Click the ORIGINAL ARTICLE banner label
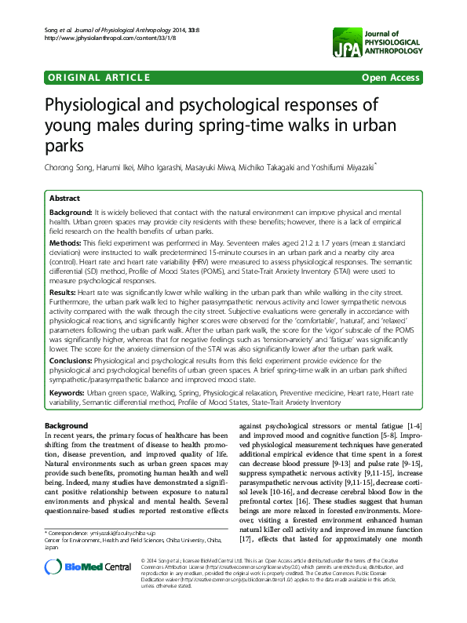coord(100,77)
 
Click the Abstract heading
coord(65,199)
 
